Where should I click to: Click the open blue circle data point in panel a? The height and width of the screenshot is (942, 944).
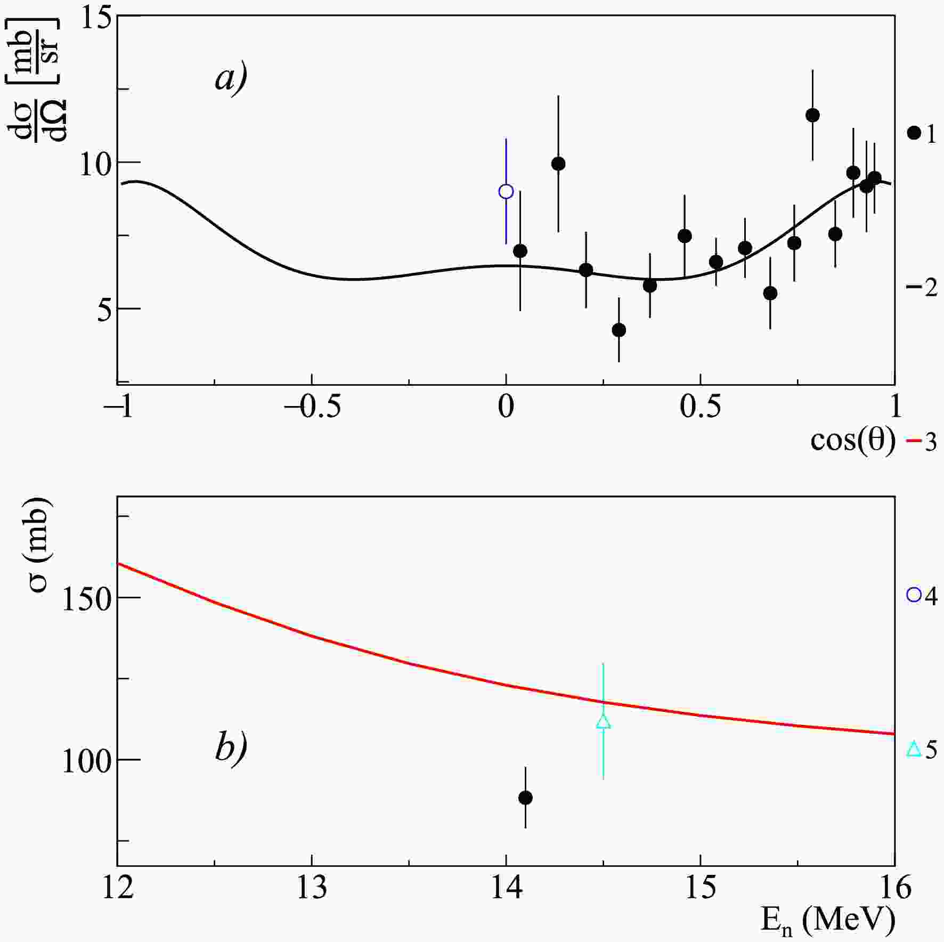pos(506,191)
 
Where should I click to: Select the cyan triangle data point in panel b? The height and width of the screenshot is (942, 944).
pos(603,722)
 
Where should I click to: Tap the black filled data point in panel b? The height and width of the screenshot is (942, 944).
pos(525,798)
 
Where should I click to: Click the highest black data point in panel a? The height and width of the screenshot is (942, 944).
pos(812,115)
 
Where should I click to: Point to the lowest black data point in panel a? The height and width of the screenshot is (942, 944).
pos(619,330)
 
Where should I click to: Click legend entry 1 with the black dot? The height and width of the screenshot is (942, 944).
pos(921,134)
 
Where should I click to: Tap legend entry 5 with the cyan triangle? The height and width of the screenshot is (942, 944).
pos(921,750)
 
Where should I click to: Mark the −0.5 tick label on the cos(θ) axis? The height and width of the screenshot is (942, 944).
pos(312,408)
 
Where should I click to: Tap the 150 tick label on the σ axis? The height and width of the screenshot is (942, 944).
pos(86,597)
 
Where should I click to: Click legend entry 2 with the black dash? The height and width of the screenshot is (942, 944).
pos(921,288)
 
